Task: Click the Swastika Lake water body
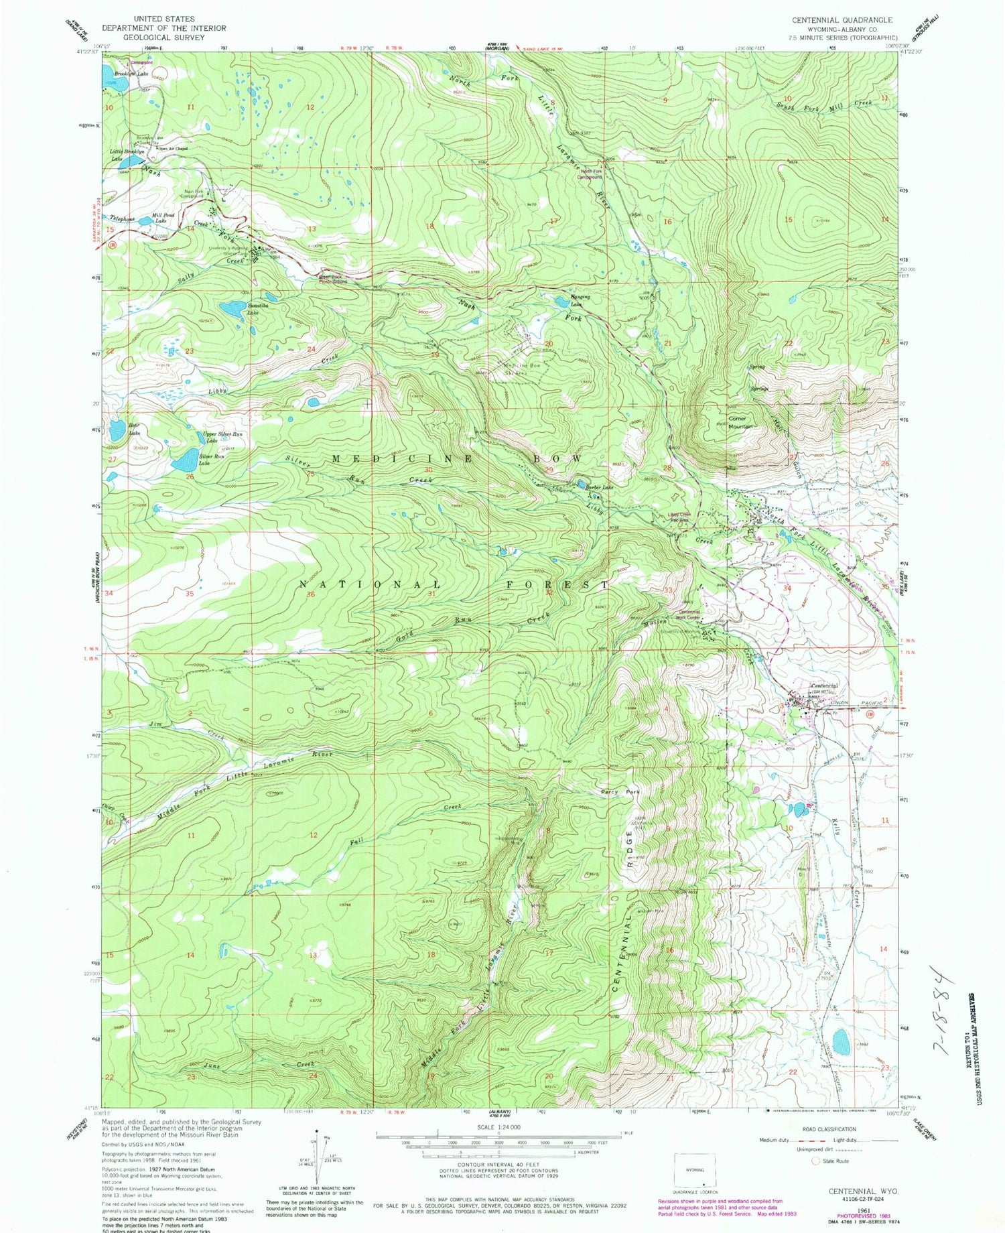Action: click(x=233, y=308)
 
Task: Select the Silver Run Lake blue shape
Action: click(x=184, y=460)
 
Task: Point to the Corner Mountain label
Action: click(x=740, y=422)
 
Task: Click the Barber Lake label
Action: click(x=600, y=487)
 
